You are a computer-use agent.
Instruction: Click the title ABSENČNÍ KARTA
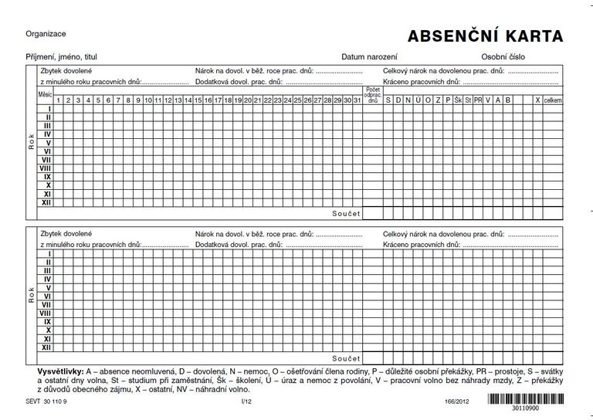coord(486,36)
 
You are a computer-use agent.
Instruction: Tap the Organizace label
coord(46,34)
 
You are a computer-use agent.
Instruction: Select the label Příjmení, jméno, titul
coord(61,57)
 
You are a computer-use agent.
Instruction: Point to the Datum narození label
coord(370,57)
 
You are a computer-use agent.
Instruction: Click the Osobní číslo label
coord(502,57)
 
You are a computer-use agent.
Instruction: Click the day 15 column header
coord(198,100)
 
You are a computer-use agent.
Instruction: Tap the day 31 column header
coord(357,100)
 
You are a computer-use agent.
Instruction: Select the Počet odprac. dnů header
coord(373,96)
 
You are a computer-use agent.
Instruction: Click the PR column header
coord(478,100)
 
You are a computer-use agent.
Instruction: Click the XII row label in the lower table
coord(47,347)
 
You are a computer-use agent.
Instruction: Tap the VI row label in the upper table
coord(47,151)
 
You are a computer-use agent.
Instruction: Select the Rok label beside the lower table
coord(32,298)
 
